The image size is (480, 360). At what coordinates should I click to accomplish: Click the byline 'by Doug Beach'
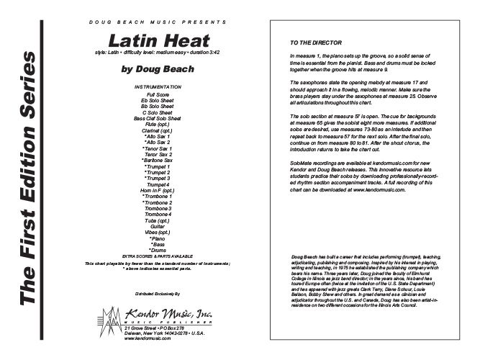coord(159,71)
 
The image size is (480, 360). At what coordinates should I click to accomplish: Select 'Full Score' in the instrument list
coord(158,94)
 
